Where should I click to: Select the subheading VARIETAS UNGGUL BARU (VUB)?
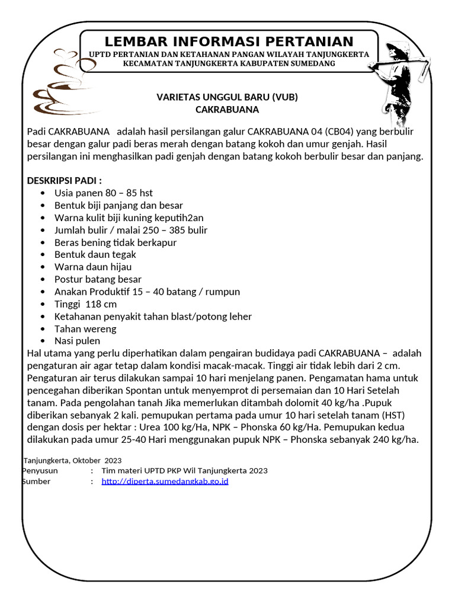coord(227,97)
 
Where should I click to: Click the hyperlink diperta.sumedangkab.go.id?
coord(165,481)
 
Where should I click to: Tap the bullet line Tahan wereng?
coord(85,328)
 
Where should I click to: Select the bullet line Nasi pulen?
coord(77,341)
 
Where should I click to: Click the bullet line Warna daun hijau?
coord(93,267)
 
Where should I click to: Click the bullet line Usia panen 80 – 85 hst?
coord(104,193)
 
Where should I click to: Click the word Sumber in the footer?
coord(36,481)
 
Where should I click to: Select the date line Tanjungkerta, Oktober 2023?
coord(73,460)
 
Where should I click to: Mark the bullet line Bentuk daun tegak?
coord(95,254)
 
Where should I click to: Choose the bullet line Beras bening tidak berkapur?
coord(116,242)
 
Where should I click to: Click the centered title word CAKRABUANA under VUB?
coord(227,110)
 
